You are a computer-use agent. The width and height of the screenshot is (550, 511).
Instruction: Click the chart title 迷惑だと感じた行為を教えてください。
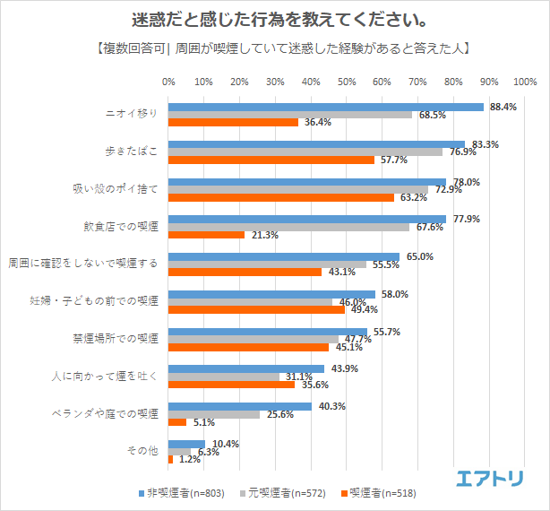(x=275, y=20)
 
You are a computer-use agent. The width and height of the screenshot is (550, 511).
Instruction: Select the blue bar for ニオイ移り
(x=325, y=108)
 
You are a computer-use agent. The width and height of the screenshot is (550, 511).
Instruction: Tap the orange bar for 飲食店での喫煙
(x=206, y=235)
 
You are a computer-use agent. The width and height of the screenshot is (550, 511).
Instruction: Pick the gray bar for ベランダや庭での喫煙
(x=213, y=414)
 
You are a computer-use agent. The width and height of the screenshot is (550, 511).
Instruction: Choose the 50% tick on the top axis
(x=347, y=82)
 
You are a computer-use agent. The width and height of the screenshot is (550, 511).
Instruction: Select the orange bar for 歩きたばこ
(x=271, y=160)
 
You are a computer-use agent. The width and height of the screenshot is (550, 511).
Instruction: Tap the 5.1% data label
(x=203, y=422)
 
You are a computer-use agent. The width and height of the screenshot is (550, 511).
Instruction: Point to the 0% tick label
(x=168, y=82)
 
